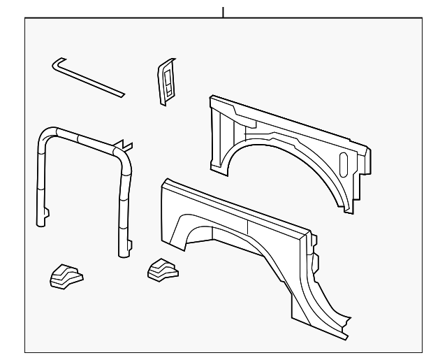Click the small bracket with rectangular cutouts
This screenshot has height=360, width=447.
pos(167,81)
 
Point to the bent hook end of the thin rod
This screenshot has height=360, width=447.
pos(56,64)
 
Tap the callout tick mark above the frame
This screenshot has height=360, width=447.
pos(223,12)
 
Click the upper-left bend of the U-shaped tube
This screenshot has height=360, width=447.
pos(47,132)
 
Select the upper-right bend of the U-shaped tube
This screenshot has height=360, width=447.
pos(126,155)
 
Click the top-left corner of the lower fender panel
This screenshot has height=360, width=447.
pos(163,183)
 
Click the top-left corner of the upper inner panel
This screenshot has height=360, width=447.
pos(212,98)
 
